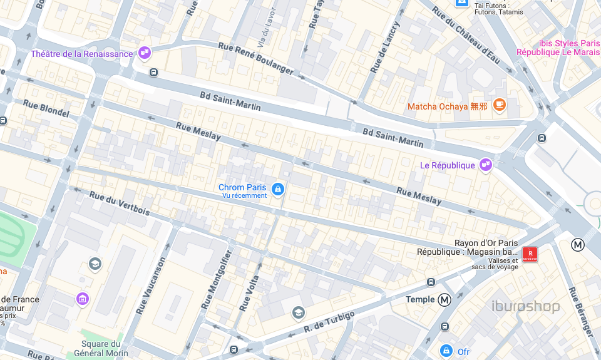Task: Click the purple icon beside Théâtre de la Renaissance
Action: [145, 53]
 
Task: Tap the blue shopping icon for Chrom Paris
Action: [277, 188]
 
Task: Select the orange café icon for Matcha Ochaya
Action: [499, 105]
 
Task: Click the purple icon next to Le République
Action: [485, 165]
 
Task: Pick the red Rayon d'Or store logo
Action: [530, 254]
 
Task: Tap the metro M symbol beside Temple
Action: [444, 300]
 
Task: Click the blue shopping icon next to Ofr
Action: [446, 351]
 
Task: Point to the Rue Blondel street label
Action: [46, 108]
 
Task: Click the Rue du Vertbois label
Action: [120, 203]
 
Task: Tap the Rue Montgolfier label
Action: [217, 280]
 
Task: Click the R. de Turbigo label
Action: [329, 321]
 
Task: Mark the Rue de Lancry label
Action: [384, 47]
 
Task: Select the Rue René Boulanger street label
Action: [255, 59]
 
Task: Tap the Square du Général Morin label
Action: [101, 348]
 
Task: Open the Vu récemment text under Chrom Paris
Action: [244, 195]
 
